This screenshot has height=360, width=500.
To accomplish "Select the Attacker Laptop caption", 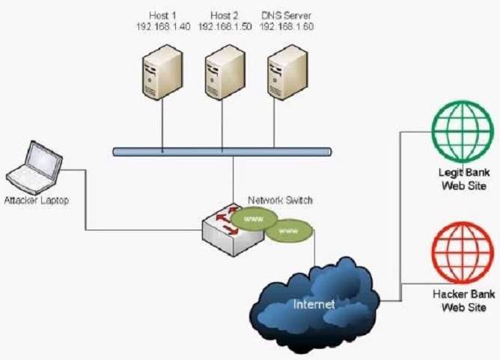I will tap(35, 201).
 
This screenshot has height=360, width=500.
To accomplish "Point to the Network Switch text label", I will tap(280, 201).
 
